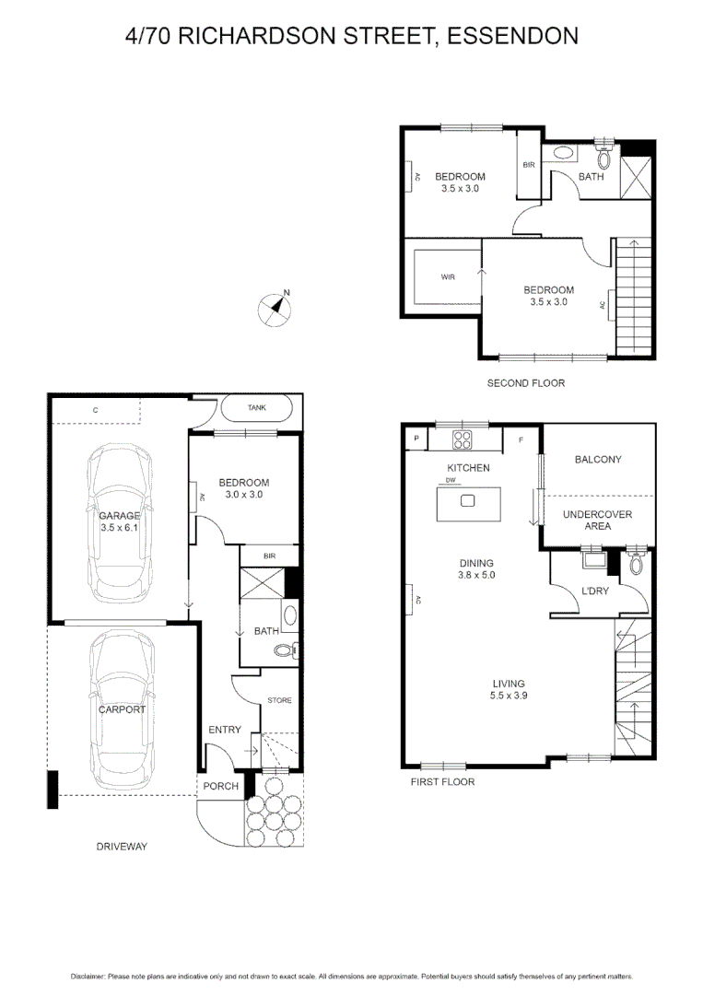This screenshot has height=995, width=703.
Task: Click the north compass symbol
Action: [275, 308]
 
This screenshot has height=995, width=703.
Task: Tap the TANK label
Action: [258, 407]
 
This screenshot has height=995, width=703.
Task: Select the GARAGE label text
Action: [120, 516]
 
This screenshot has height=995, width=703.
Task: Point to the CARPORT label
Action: [123, 709]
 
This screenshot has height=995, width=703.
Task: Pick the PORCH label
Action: [221, 786]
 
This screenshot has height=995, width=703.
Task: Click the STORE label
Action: [279, 700]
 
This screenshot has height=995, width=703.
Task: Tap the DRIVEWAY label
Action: [122, 846]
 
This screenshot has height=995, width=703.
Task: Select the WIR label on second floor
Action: [448, 276]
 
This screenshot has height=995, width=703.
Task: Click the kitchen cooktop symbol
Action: [463, 439]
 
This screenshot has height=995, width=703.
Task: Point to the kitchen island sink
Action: [467, 501]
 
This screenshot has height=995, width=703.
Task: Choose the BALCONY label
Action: [598, 459]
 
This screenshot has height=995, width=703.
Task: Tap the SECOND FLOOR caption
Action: [526, 382]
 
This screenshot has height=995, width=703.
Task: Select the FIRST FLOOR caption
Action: [443, 781]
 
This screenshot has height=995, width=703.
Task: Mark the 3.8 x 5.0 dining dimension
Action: [477, 576]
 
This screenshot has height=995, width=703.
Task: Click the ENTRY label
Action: [224, 730]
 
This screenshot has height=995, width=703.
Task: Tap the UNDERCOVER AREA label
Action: [597, 521]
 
